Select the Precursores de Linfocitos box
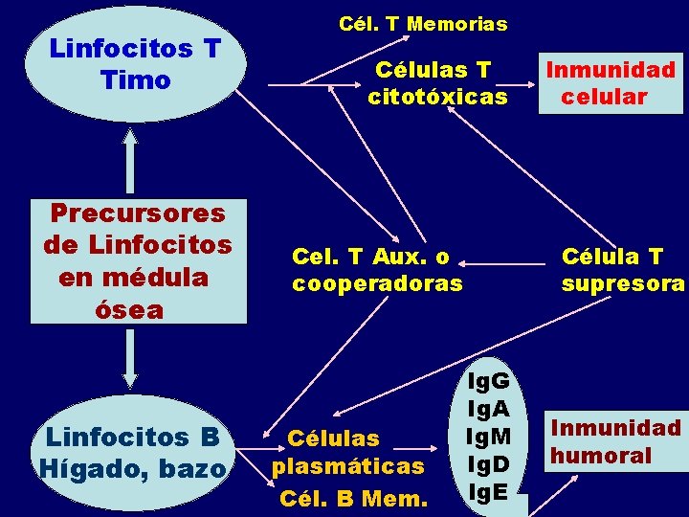pos(137,260)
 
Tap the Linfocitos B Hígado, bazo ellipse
pos(131,452)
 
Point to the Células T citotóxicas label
pos(437,82)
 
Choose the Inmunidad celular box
pos(610,82)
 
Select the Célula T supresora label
pos(622,269)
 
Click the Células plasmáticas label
pos(347,452)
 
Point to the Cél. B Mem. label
pos(353,498)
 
